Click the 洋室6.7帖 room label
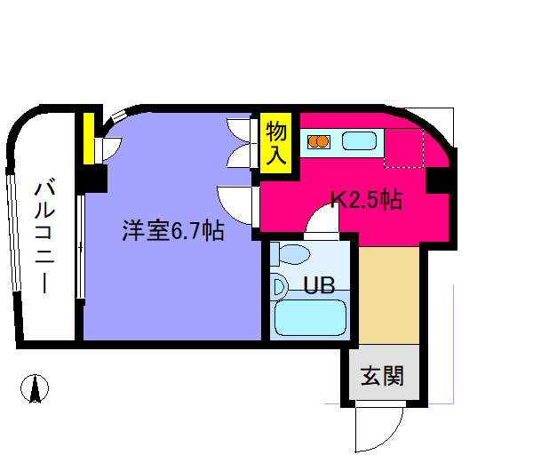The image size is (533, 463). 173,231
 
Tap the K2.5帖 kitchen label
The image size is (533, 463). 366,199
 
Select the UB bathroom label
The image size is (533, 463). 319,285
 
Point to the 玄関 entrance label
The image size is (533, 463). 382,376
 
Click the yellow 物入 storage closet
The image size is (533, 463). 276,143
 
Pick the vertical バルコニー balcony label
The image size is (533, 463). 44,237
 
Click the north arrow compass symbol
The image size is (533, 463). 35,388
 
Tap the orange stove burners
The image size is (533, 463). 319,141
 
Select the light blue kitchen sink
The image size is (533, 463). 359,141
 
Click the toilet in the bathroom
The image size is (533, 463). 290,254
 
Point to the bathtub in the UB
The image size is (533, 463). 310,317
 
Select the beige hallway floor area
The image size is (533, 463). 389,295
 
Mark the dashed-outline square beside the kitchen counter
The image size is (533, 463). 404,148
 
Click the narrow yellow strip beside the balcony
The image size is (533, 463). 89,139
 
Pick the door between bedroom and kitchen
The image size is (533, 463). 238,205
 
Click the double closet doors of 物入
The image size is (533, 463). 242,143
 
